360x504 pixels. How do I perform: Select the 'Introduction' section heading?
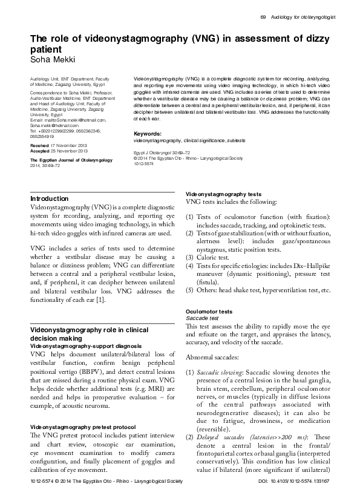tap(50, 198)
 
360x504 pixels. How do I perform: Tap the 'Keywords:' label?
tap(147, 133)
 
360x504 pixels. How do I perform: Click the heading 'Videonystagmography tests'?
tap(223, 193)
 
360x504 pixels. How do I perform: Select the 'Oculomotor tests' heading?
tap(209, 311)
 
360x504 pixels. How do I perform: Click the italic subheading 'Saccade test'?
tap(202, 318)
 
